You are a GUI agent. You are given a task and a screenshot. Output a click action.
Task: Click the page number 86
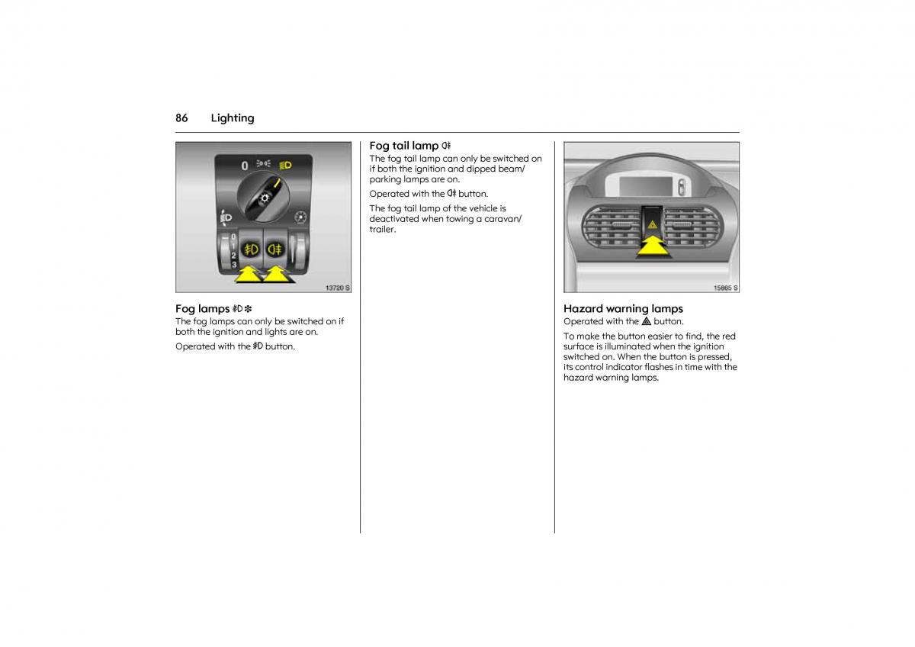(x=181, y=118)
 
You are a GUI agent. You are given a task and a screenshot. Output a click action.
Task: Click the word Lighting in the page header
(x=233, y=118)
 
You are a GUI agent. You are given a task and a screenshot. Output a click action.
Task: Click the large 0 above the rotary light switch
(x=245, y=165)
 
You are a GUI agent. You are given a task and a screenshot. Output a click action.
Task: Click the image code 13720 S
(x=337, y=288)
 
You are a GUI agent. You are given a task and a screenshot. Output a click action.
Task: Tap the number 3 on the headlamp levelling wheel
(x=234, y=264)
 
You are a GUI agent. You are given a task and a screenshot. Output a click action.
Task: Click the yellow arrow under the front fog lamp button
(x=247, y=274)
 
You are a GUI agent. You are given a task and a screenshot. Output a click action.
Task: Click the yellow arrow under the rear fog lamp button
(x=278, y=274)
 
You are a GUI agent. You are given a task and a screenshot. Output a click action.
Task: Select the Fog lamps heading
(x=202, y=309)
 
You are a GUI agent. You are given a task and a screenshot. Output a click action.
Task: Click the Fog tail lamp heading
(x=404, y=146)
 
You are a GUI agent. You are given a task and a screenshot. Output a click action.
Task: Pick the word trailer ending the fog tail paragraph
(x=383, y=230)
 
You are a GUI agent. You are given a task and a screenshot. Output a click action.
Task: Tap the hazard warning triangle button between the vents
(x=652, y=224)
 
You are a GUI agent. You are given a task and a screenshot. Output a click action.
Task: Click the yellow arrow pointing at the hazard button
(x=653, y=248)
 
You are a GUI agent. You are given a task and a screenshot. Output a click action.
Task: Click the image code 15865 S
(x=725, y=288)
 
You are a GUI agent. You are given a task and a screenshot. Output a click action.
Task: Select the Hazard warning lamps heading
(x=623, y=309)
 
